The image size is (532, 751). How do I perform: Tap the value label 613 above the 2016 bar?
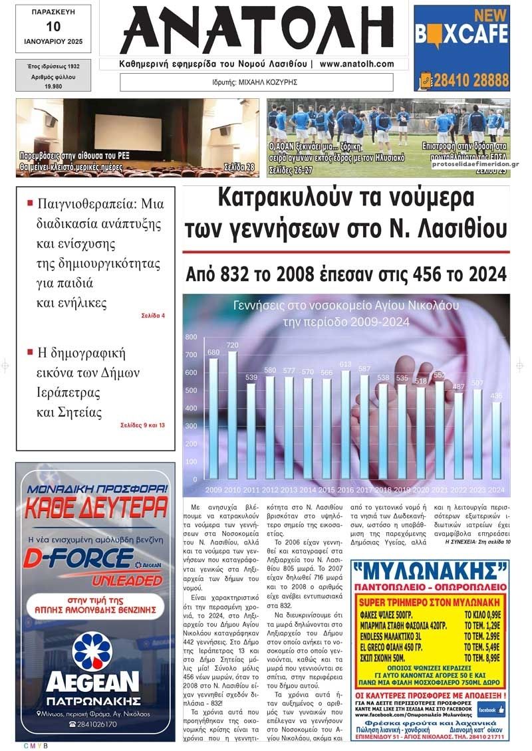coord(344,364)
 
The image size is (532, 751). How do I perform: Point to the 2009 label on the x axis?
coord(214,490)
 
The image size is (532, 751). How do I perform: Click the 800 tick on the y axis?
coord(192,338)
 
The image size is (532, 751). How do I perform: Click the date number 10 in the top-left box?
coord(53,27)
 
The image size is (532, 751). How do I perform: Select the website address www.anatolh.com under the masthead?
coord(356,64)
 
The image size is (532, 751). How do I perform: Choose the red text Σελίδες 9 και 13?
coord(142,425)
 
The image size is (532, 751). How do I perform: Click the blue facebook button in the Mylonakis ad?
coord(491,710)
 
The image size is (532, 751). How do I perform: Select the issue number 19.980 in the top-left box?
coord(53,86)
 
